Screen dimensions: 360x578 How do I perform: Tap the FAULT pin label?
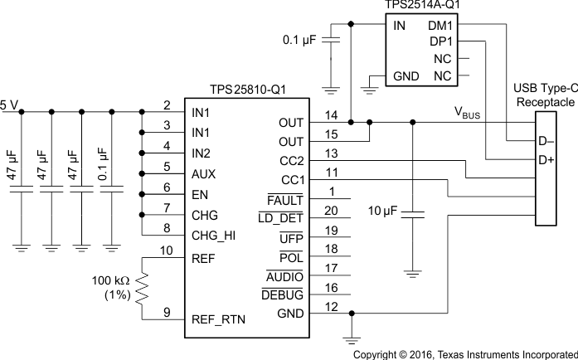286,199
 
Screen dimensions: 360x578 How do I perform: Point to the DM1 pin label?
440,26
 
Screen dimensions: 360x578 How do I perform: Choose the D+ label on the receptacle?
546,158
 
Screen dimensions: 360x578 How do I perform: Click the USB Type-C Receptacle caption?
544,95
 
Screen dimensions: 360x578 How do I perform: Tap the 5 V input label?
9,104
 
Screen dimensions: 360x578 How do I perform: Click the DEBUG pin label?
282,294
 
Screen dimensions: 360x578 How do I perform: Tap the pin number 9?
167,312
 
